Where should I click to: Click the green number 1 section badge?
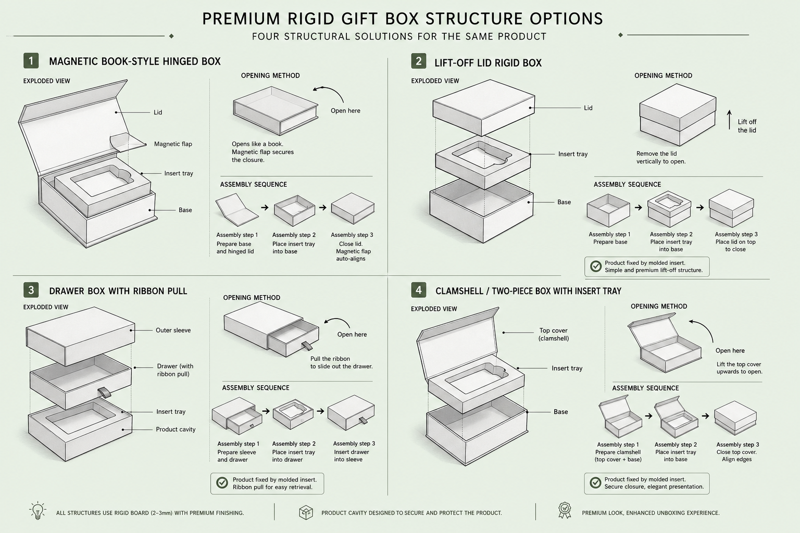[31, 61]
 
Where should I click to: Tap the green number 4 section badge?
[419, 290]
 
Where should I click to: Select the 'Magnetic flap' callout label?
[173, 144]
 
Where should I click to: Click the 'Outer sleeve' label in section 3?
[173, 330]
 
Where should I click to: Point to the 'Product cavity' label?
[176, 429]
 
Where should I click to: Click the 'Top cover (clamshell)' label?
[554, 334]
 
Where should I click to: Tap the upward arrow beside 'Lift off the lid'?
[729, 120]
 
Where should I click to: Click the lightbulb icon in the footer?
[37, 511]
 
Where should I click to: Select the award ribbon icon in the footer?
[565, 510]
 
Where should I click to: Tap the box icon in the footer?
[306, 512]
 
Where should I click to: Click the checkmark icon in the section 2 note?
[596, 266]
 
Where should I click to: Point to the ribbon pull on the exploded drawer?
[105, 392]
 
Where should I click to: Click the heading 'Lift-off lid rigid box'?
[488, 63]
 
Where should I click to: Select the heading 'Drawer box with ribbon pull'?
[118, 291]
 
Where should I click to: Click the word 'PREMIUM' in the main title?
[242, 19]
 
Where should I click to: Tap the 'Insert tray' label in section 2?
[573, 154]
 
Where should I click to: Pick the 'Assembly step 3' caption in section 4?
[737, 445]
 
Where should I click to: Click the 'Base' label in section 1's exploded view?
[185, 210]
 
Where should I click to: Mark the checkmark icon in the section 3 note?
[222, 483]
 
